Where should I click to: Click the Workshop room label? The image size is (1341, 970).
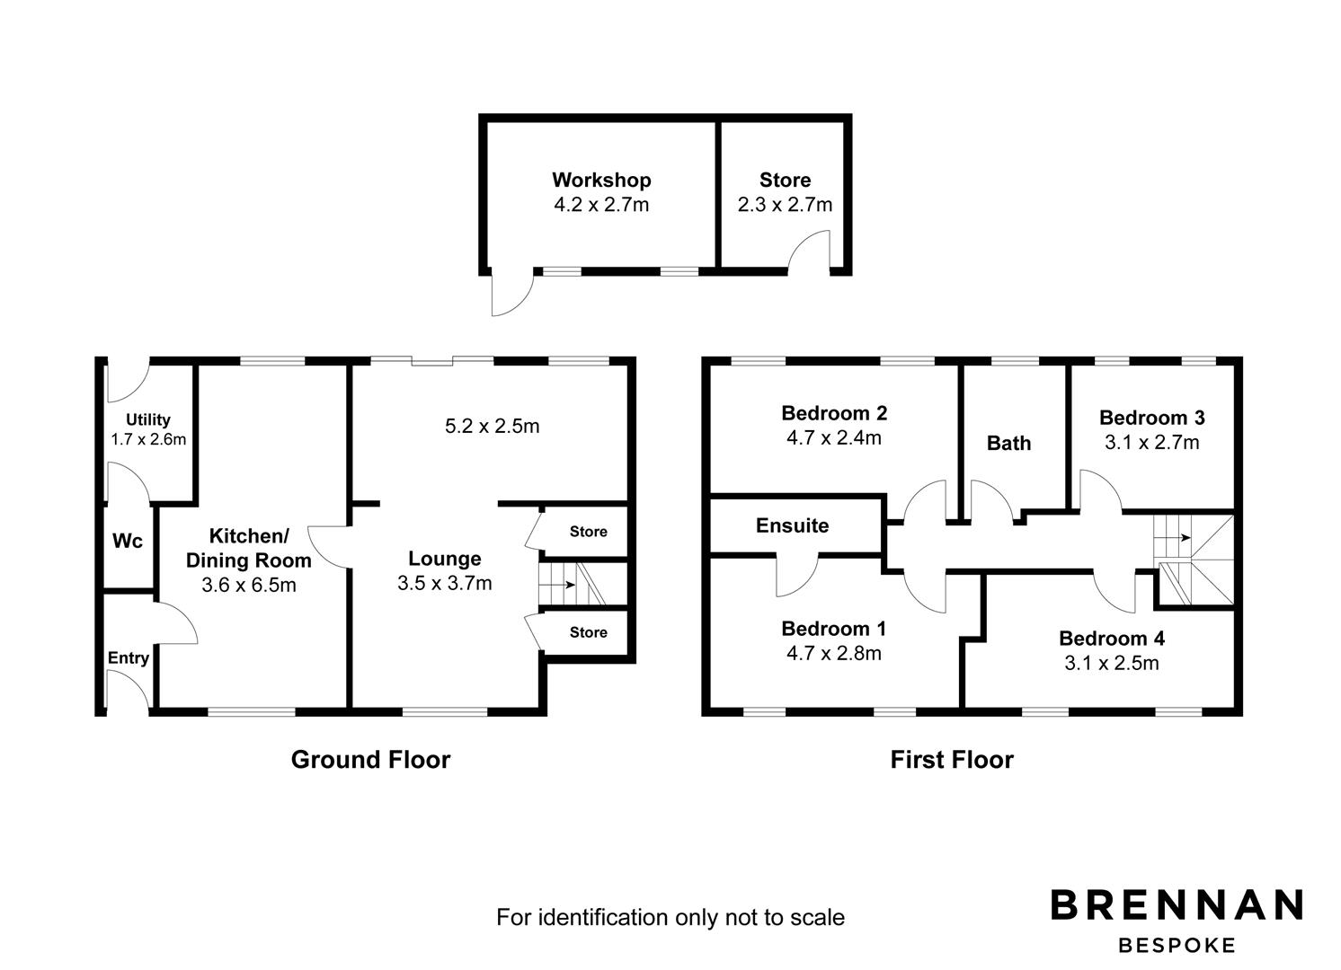601,181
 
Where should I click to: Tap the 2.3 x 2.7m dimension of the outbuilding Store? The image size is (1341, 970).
785,205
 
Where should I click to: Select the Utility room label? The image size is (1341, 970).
148,419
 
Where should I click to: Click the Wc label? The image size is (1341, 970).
128,541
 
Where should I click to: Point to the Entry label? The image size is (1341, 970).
129,658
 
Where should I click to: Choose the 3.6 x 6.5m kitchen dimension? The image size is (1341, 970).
249,585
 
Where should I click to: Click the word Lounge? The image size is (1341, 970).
445,559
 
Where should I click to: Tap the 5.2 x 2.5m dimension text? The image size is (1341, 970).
493,426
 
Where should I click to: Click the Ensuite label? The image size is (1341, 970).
793,525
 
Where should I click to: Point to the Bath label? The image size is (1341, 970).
1008,444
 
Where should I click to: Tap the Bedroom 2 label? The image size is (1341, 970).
834,413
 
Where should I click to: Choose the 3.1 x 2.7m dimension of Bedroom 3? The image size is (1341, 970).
1152,443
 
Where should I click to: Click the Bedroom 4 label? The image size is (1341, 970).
1112,639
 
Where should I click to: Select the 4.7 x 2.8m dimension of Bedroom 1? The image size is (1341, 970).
834,654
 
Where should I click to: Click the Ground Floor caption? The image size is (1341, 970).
370,760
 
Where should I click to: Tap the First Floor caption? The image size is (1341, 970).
952,760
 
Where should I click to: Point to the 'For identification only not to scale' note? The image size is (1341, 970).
670,917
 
